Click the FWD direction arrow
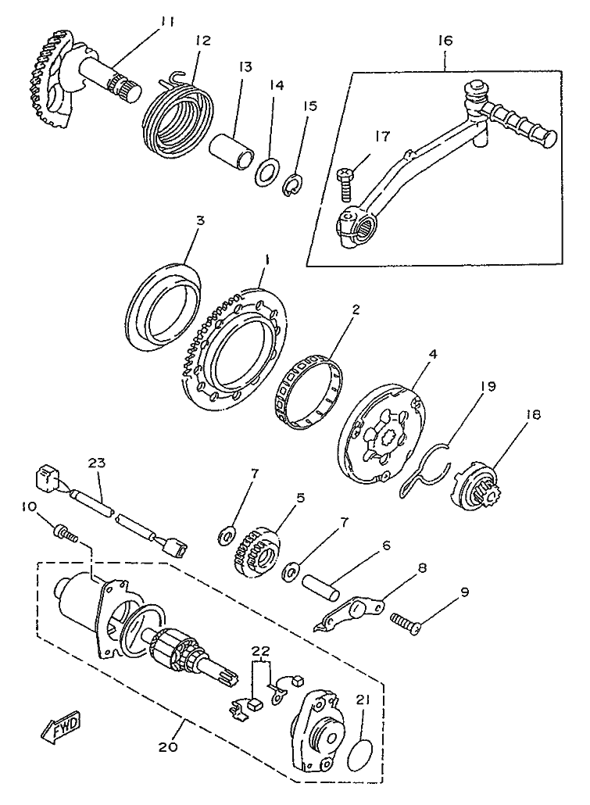point(59,729)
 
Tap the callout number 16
point(445,39)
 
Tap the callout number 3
point(200,221)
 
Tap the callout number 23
point(96,463)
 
